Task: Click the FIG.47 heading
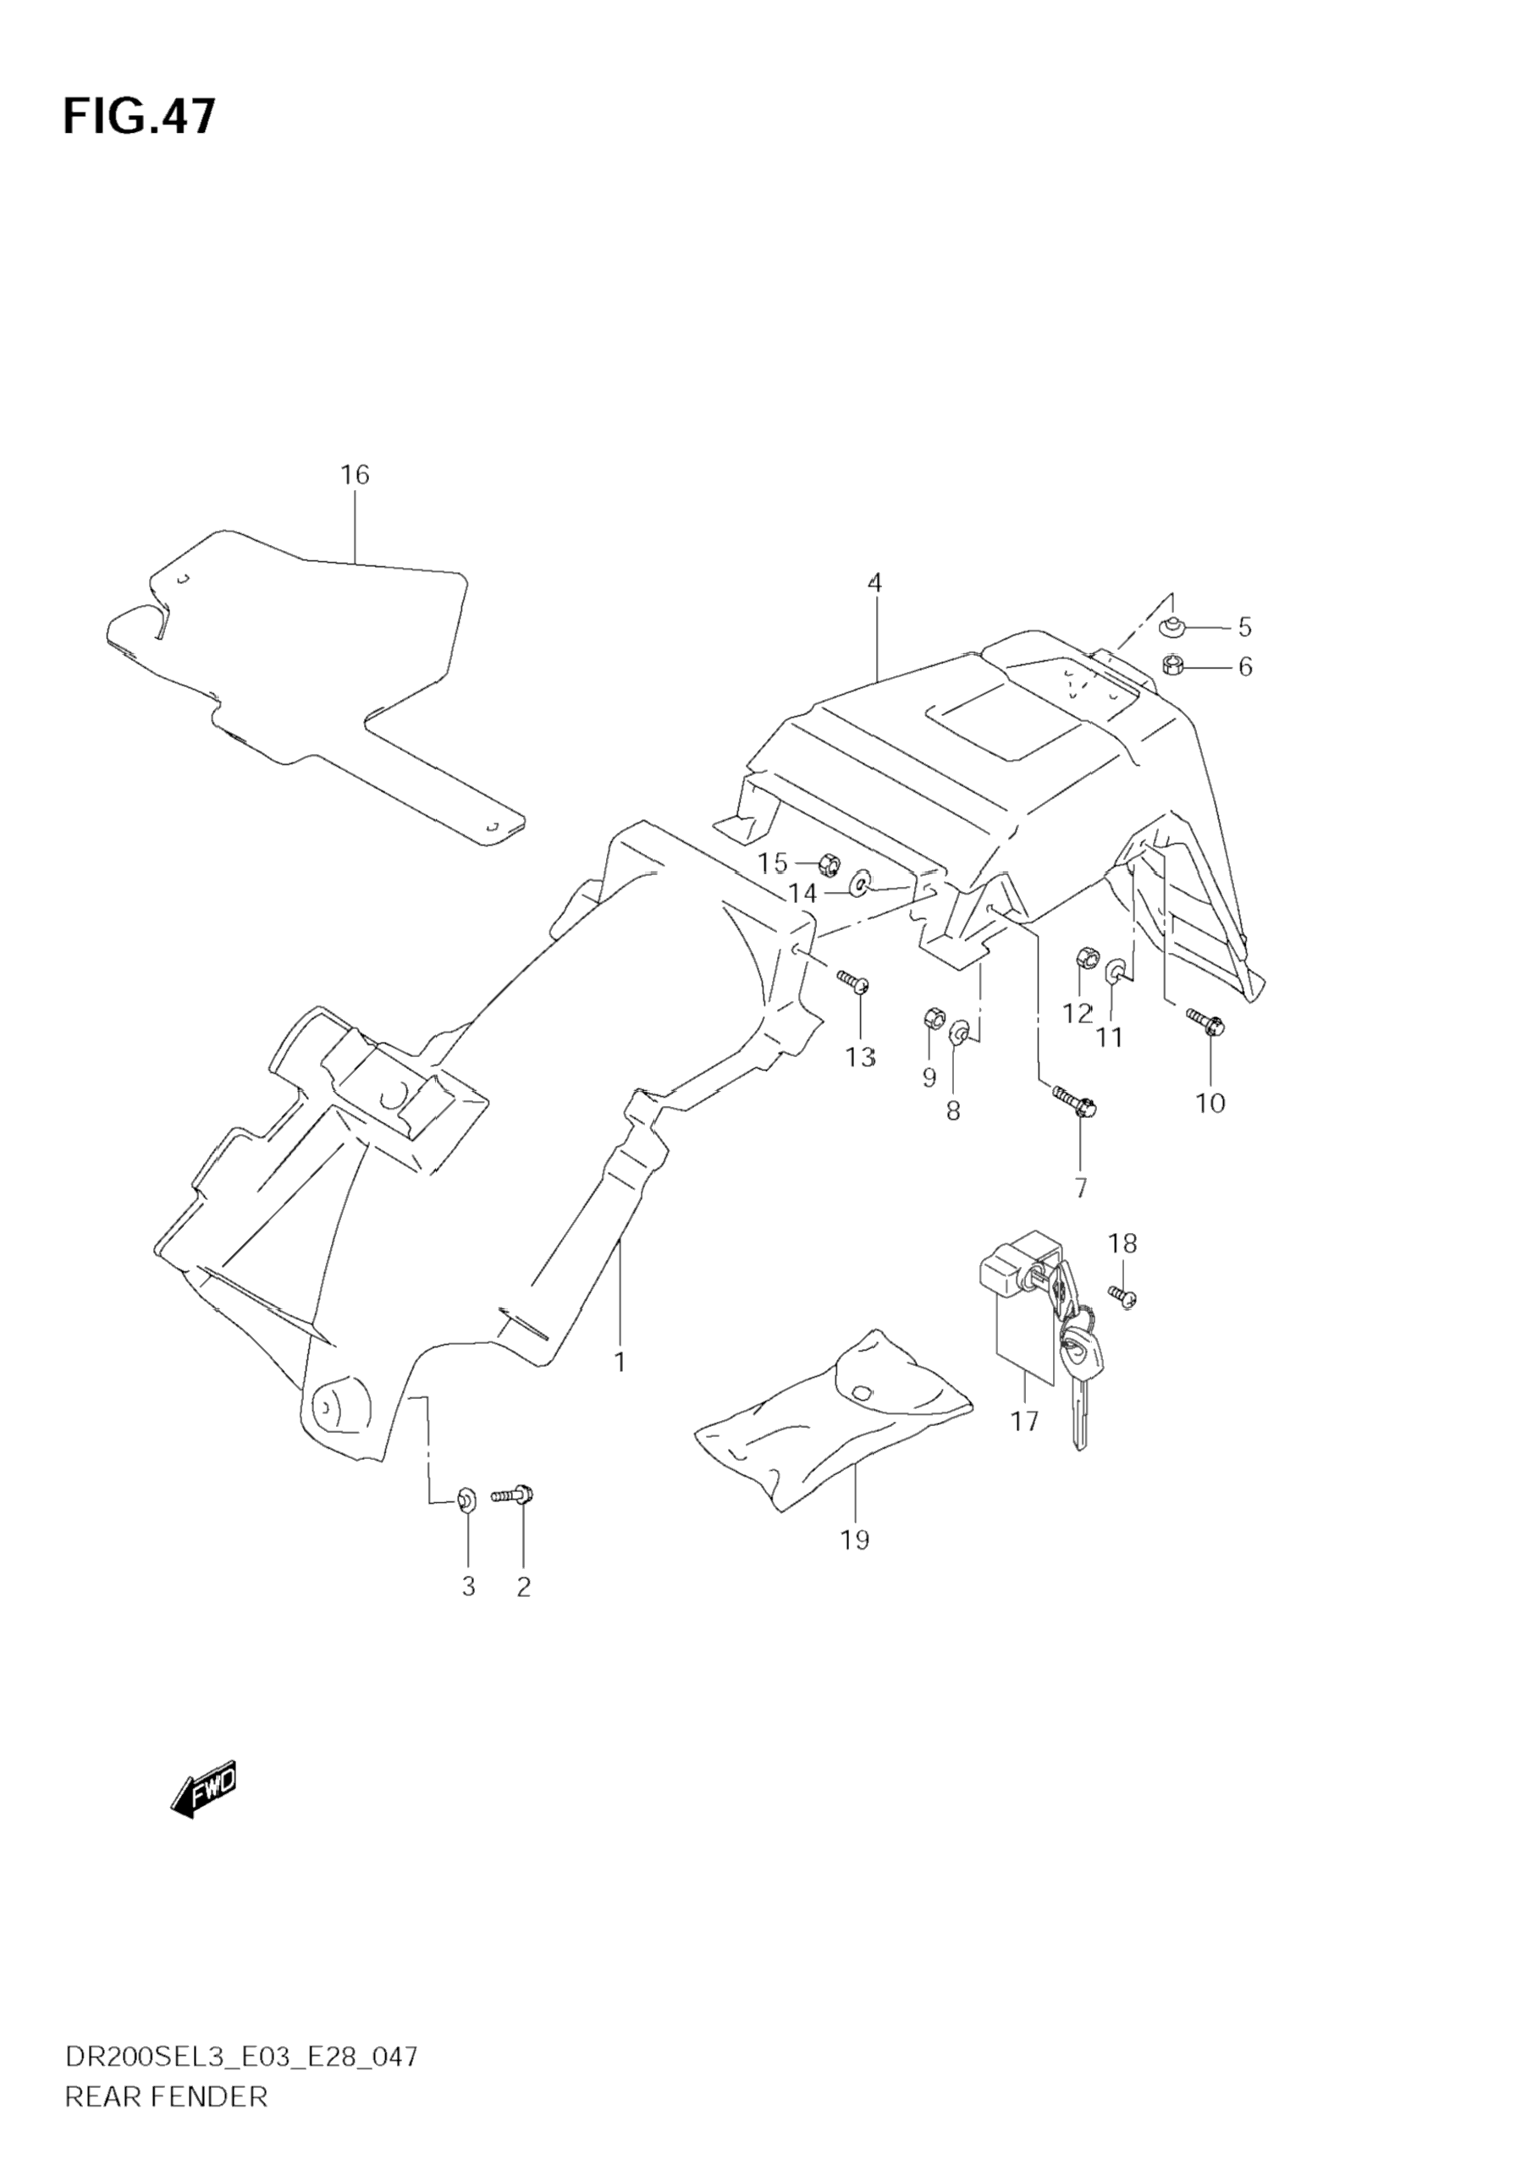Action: [140, 116]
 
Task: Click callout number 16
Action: [355, 475]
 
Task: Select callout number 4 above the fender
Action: [874, 583]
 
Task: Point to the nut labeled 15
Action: [830, 862]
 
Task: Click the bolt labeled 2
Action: [514, 1495]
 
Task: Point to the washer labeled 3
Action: [466, 1498]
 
